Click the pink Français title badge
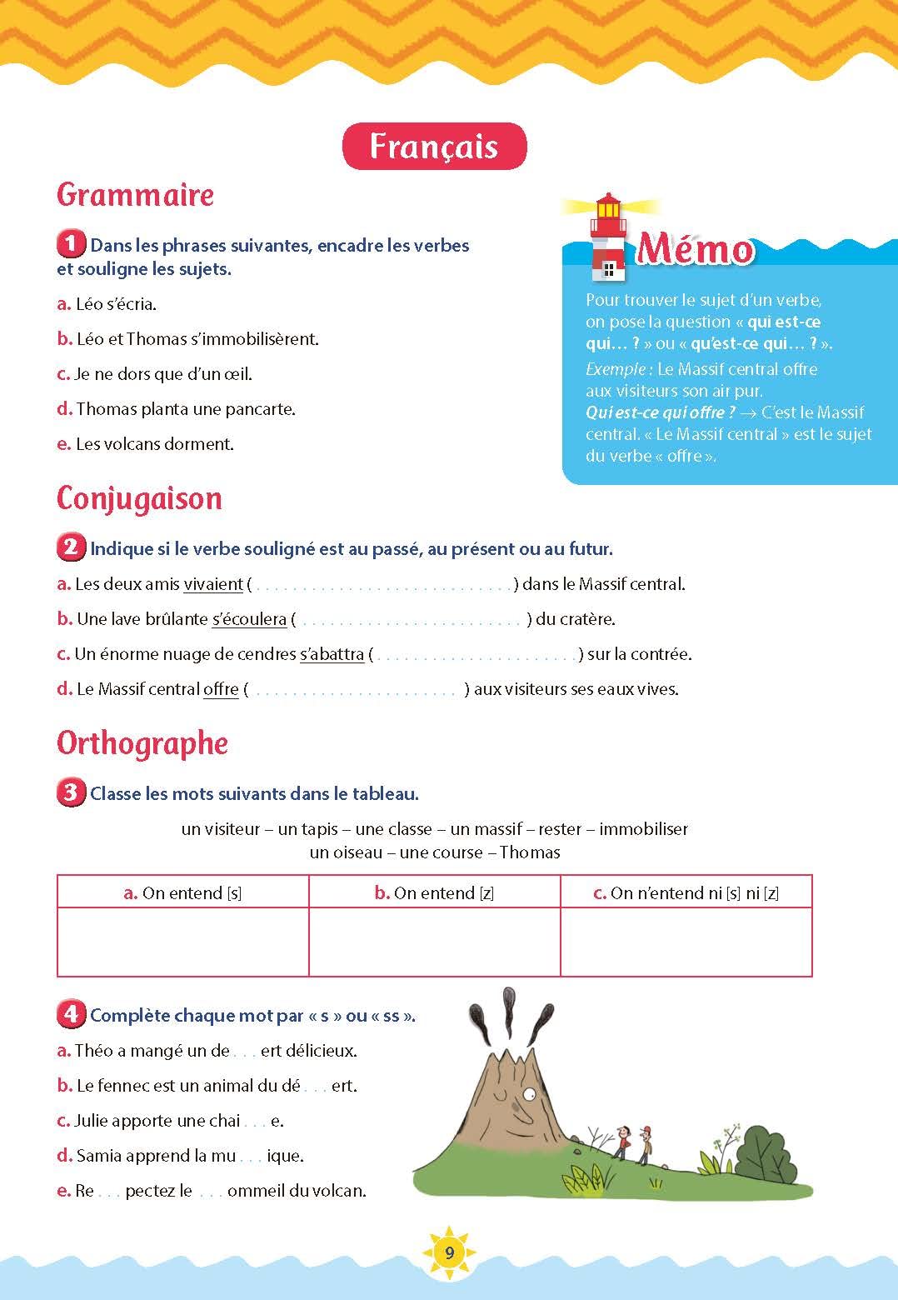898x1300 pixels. coord(434,147)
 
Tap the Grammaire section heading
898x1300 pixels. coord(135,195)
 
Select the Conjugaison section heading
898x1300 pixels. coord(139,498)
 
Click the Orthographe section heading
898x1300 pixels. coord(142,743)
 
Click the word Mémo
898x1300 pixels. coord(696,249)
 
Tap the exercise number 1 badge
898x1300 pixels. coord(71,245)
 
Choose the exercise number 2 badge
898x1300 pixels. coord(71,548)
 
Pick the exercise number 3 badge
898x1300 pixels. coord(71,792)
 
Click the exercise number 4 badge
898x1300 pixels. coord(71,1014)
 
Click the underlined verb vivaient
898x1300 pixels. coord(213,584)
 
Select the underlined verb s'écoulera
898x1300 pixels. coord(249,619)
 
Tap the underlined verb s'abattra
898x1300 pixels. coord(332,654)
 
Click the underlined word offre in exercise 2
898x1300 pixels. coord(221,689)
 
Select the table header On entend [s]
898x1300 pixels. coord(183,892)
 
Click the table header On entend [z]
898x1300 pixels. coord(434,892)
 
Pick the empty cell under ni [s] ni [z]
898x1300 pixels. coord(686,942)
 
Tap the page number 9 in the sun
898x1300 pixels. coord(449,1252)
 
